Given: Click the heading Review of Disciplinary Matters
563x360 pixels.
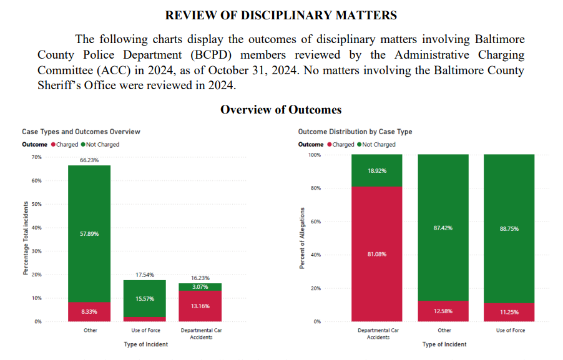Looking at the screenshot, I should (281, 15).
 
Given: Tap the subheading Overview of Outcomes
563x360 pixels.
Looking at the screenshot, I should (281, 110).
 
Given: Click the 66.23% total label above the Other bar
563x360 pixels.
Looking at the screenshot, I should (89, 160).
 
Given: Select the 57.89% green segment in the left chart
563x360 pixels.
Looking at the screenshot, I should (89, 233).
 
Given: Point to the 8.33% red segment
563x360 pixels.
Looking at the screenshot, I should (89, 311).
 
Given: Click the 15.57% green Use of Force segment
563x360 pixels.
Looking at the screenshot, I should (144, 298).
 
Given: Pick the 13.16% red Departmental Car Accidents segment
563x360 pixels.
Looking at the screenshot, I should (200, 306).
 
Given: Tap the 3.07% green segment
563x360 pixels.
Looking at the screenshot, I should (200, 286).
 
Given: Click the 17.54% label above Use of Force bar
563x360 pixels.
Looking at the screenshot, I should (144, 274).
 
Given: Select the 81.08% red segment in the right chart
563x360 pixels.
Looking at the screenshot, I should (376, 254).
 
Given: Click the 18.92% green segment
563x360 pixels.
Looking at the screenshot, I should (376, 170).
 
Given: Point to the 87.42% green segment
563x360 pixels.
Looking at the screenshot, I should (443, 228).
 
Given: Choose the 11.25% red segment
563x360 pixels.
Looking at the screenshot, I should (509, 311).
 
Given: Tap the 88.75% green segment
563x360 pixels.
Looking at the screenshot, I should (509, 228).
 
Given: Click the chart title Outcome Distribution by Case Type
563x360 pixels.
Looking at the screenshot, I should (355, 132).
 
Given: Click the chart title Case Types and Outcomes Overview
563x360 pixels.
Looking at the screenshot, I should (81, 132).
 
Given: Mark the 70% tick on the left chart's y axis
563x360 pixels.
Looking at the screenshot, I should (37, 157).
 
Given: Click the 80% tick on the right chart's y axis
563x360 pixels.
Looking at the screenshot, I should (316, 188).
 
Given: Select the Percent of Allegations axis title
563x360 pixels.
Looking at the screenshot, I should (301, 238).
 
